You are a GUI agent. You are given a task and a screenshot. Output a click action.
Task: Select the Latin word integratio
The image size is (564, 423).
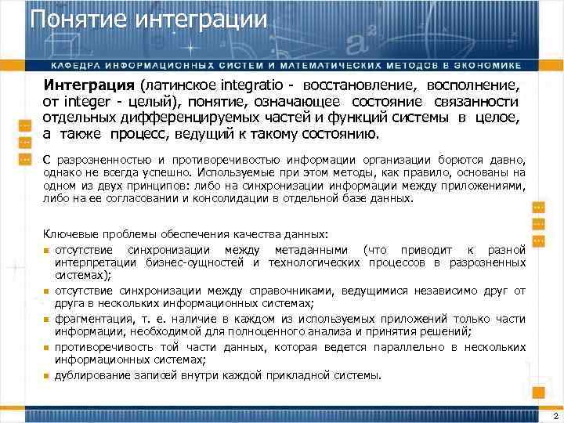coord(255,84)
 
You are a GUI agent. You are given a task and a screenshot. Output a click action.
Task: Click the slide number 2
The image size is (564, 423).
coord(555,415)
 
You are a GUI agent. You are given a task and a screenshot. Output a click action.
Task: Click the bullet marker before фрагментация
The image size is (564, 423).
coord(47,319)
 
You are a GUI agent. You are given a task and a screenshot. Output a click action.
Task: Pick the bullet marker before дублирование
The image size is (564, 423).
coord(47,376)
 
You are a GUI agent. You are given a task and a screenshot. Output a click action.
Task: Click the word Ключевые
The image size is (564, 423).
coord(68,234)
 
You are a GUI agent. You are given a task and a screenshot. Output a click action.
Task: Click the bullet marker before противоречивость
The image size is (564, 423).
coord(47,347)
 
